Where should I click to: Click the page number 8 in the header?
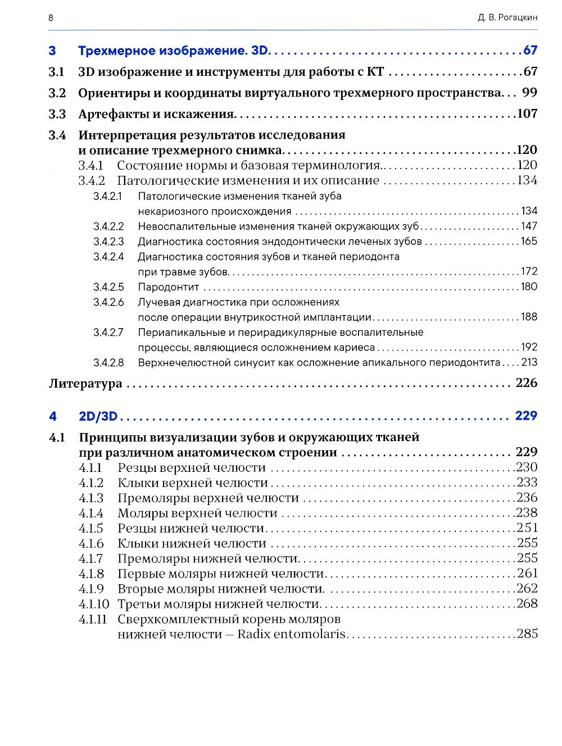[x=51, y=17]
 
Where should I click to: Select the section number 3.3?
[x=57, y=114]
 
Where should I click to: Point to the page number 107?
[x=527, y=113]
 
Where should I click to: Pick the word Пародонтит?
[x=169, y=287]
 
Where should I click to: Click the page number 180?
[x=529, y=286]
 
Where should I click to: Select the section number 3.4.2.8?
[x=108, y=363]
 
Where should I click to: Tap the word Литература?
[x=85, y=384]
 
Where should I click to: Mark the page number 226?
[x=527, y=383]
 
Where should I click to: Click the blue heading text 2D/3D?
[x=98, y=416]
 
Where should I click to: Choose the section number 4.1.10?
[x=94, y=604]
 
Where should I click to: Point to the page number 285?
[x=527, y=634]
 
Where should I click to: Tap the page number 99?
[x=529, y=93]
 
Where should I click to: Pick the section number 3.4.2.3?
[x=108, y=242]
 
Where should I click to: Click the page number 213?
[x=529, y=362]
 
